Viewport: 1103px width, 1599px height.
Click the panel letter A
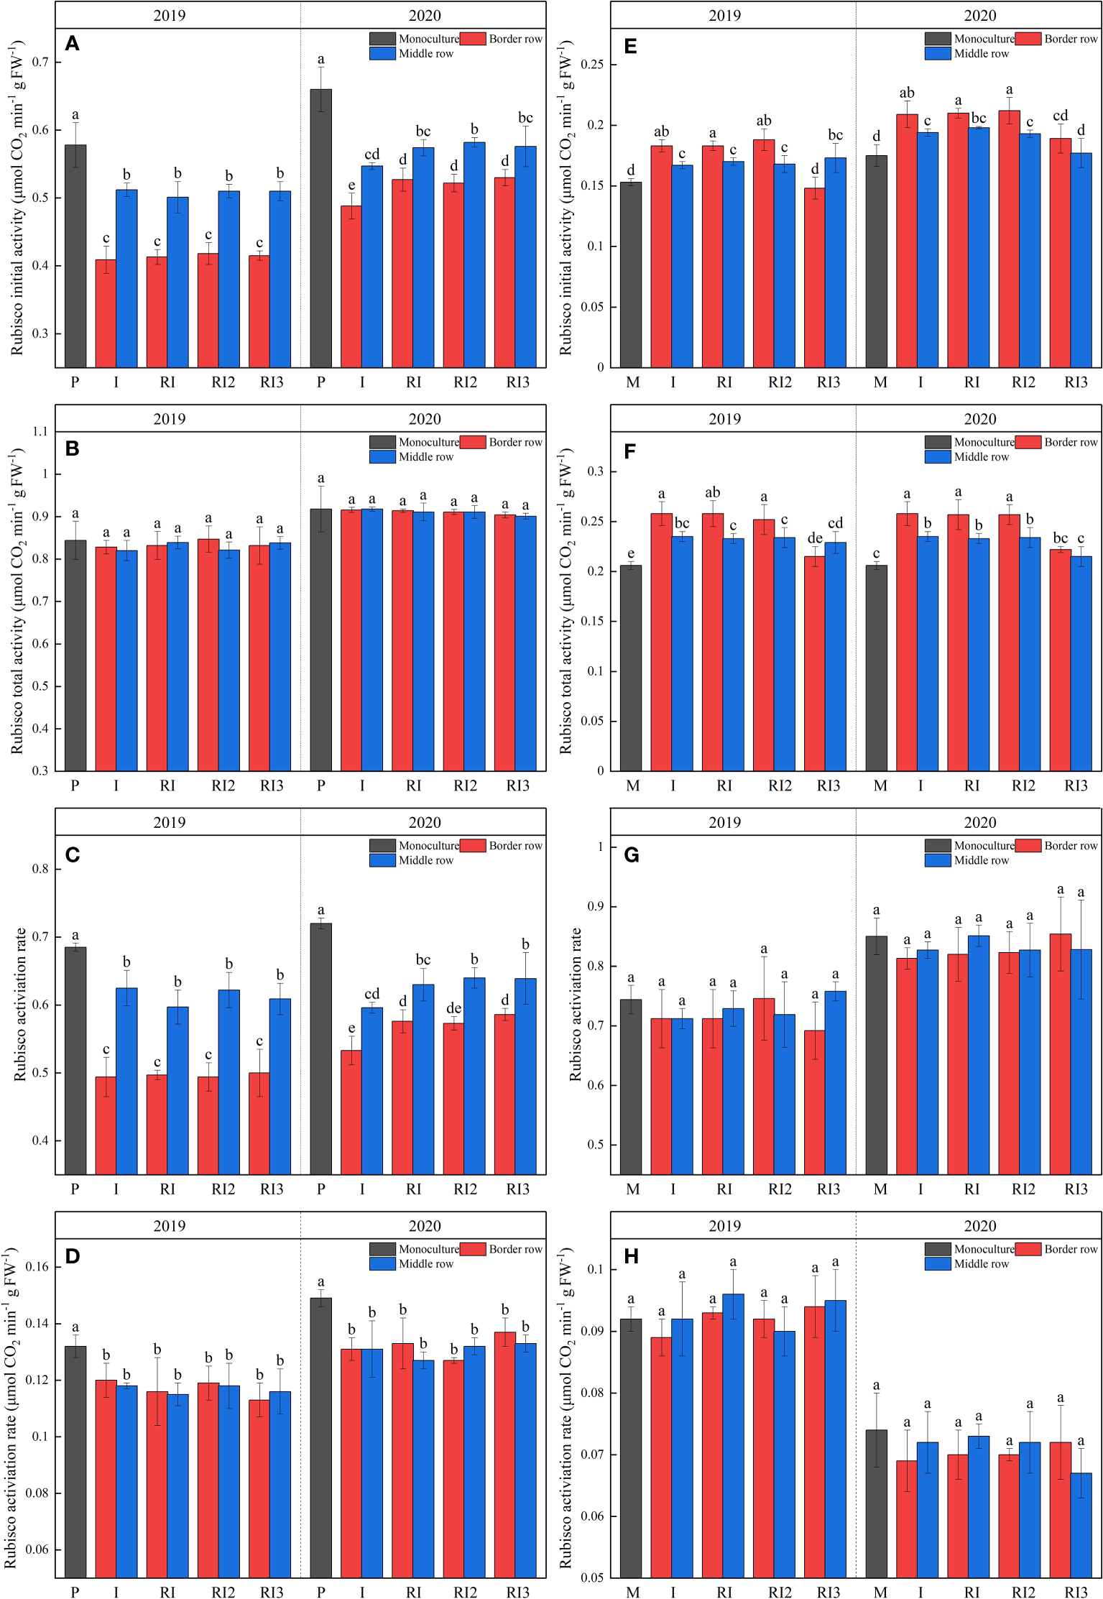click(x=72, y=44)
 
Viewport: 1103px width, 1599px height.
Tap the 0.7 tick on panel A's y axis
click(x=40, y=63)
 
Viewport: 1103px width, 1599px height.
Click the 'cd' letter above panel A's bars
click(x=371, y=155)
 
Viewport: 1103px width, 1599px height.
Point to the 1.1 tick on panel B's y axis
click(x=40, y=432)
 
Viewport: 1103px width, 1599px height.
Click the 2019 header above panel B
click(x=170, y=419)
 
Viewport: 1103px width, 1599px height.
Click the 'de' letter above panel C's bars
click(x=453, y=1008)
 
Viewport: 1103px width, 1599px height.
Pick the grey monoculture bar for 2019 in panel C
click(x=75, y=1061)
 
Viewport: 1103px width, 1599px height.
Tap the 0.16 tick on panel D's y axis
click(x=37, y=1266)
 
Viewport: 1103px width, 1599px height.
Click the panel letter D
click(x=72, y=1256)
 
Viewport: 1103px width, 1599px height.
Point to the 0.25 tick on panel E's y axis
click(x=592, y=65)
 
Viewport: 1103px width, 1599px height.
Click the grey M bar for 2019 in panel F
click(x=631, y=668)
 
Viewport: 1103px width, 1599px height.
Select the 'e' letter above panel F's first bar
click(x=631, y=553)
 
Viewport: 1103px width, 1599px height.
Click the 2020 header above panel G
click(x=979, y=822)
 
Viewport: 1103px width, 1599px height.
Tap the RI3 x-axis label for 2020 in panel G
click(x=1076, y=1189)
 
